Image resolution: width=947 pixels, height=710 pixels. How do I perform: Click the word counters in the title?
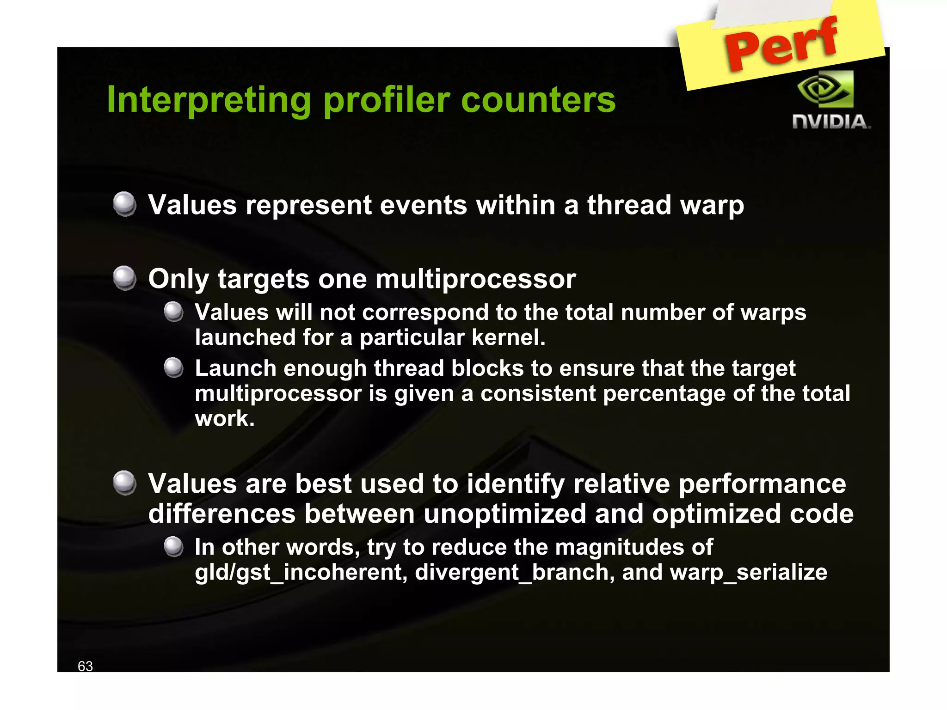tap(538, 100)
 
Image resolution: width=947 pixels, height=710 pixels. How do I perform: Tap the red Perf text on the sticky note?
tap(781, 44)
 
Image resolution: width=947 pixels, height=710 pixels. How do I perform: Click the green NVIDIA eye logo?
tap(826, 89)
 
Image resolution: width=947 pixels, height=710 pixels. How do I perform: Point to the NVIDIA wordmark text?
tap(831, 122)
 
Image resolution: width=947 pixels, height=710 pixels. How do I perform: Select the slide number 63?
tap(85, 666)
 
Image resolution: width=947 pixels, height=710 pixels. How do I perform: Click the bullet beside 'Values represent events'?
tap(124, 204)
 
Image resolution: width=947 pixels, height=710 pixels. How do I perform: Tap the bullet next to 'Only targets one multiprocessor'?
tap(124, 278)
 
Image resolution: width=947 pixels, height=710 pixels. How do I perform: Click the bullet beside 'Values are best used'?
tap(124, 483)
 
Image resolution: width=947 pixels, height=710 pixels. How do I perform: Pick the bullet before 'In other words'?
tap(174, 546)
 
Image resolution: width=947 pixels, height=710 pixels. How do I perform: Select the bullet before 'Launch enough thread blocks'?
tap(174, 368)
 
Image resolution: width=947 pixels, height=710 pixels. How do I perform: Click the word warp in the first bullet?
tap(712, 205)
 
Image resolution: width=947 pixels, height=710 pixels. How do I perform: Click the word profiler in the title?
tap(387, 100)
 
